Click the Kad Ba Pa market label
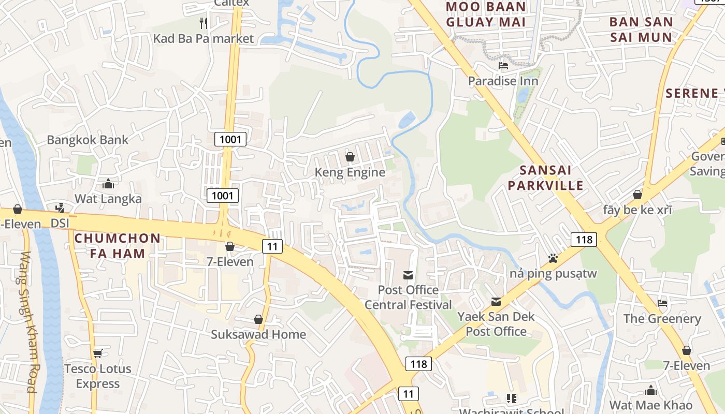pyautogui.click(x=204, y=38)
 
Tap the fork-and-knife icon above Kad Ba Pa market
pyautogui.click(x=204, y=23)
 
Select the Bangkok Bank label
pyautogui.click(x=88, y=140)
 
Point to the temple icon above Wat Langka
pyautogui.click(x=108, y=184)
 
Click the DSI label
pyautogui.click(x=60, y=223)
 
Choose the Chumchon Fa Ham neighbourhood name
pyautogui.click(x=118, y=246)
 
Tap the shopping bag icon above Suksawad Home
pyautogui.click(x=258, y=319)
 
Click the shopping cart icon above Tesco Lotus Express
pyautogui.click(x=97, y=353)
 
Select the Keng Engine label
pyautogui.click(x=350, y=172)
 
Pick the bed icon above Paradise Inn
pyautogui.click(x=503, y=66)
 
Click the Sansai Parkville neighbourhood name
pyautogui.click(x=545, y=178)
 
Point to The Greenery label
pyautogui.click(x=662, y=318)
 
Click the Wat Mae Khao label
pyautogui.click(x=650, y=405)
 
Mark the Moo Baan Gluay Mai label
pyautogui.click(x=486, y=14)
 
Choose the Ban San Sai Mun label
pyautogui.click(x=641, y=29)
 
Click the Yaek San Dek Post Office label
pyautogui.click(x=496, y=323)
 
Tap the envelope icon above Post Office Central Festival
pyautogui.click(x=408, y=275)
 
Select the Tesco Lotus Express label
pyautogui.click(x=98, y=376)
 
